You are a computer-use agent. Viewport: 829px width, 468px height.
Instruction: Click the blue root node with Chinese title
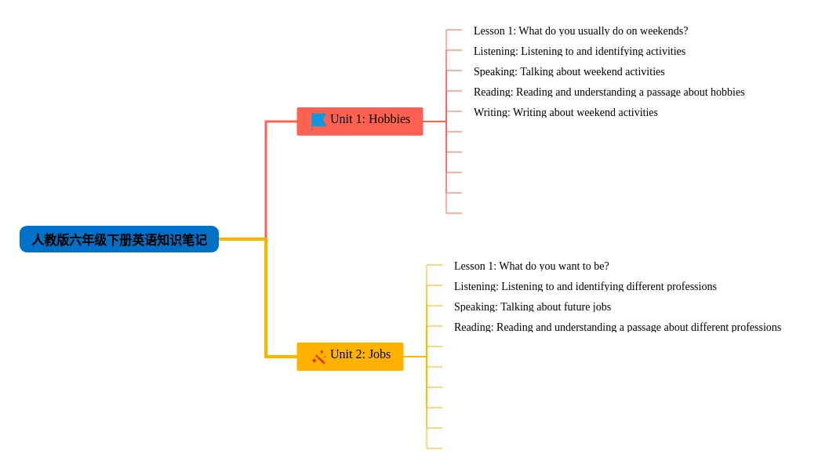119,239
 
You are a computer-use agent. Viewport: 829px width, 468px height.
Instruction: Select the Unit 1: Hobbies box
359,122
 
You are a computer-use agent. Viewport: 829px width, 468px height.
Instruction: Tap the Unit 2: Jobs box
350,357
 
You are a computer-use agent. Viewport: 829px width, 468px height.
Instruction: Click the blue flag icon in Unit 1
318,120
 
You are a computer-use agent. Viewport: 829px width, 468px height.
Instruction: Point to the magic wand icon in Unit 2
318,357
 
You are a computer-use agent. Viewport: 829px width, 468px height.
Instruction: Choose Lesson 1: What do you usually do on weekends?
580,31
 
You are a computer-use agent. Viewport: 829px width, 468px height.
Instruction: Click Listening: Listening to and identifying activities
579,52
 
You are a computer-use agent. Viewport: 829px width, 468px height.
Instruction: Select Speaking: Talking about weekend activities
569,72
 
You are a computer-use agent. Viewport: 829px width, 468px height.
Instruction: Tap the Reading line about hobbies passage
609,93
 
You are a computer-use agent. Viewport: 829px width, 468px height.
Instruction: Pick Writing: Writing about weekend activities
565,113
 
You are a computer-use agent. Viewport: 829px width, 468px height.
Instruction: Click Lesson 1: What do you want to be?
531,267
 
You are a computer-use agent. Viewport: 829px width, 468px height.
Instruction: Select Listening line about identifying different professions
585,287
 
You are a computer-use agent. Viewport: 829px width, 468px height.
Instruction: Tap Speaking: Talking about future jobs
532,307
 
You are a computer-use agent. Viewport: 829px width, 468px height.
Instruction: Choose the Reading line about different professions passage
617,328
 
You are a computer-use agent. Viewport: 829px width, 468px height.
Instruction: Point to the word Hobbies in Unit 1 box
389,119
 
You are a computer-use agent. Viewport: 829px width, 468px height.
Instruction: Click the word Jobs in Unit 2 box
380,354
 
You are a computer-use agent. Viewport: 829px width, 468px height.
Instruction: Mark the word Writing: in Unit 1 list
492,113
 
